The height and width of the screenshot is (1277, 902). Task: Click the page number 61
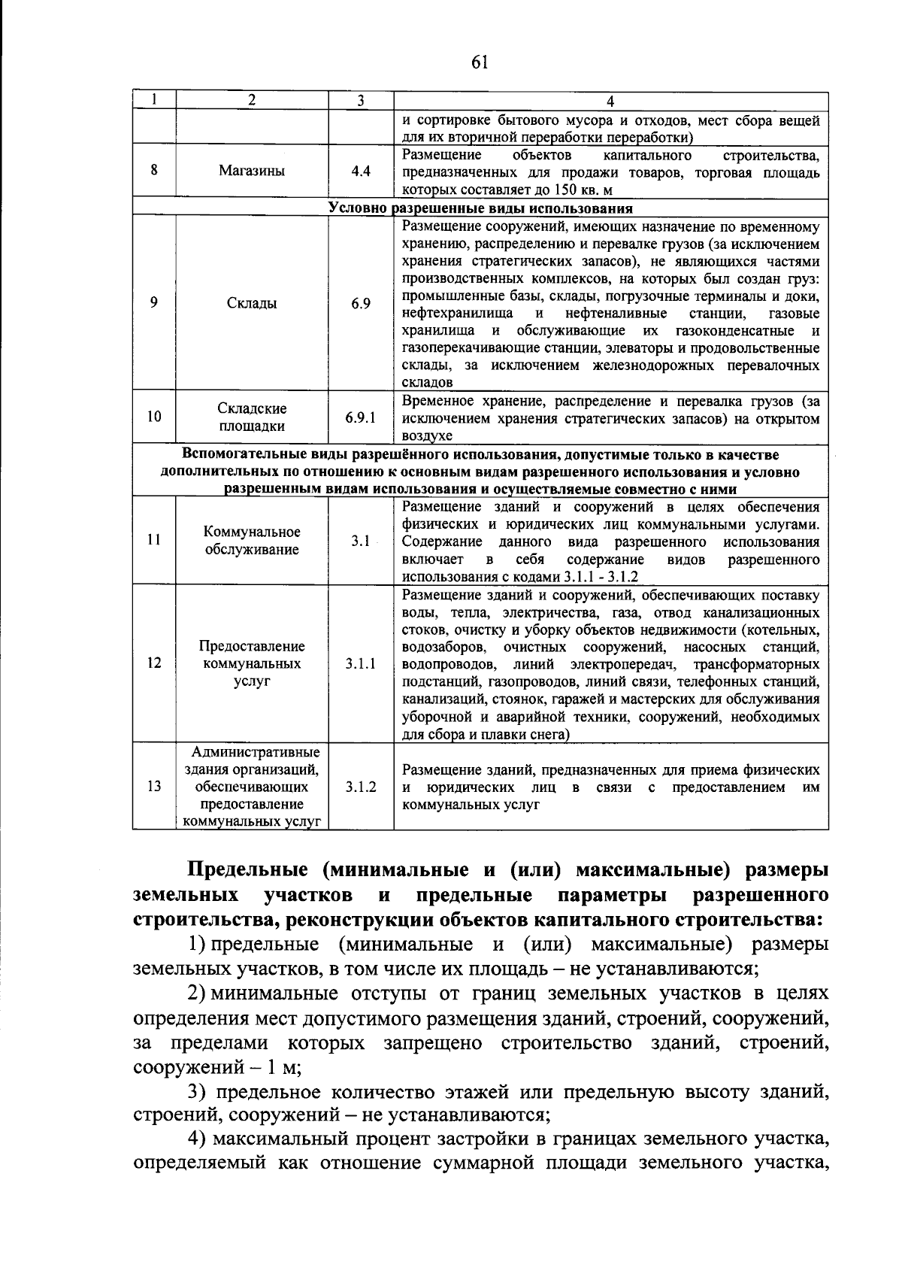tap(480, 62)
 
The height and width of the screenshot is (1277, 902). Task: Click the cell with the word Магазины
tap(252, 171)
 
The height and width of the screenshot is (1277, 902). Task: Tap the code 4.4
tap(360, 171)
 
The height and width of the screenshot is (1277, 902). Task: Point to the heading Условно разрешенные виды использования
tap(480, 208)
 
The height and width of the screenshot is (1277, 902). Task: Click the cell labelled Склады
tap(252, 303)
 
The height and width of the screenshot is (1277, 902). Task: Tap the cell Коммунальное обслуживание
tap(252, 541)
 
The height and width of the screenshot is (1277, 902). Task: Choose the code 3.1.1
tap(360, 664)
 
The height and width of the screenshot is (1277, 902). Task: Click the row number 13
tap(154, 787)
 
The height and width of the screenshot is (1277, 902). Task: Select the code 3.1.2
tap(360, 787)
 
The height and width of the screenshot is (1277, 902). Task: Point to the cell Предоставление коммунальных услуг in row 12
tap(252, 664)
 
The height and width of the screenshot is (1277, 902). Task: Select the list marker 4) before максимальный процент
tap(197, 1140)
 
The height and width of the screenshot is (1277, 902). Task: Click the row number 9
tap(154, 303)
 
